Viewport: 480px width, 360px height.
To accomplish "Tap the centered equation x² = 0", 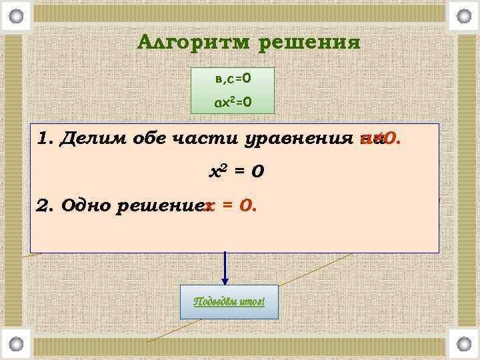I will (x=237, y=171).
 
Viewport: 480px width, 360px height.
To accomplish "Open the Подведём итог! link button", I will (x=229, y=301).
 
